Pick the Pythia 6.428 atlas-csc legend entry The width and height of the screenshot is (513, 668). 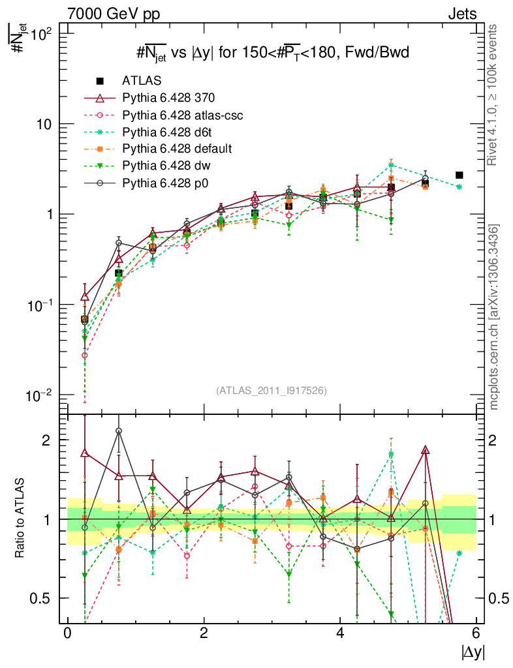click(x=182, y=115)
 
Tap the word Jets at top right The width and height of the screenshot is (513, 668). click(x=462, y=14)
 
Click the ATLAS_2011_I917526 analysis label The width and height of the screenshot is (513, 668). click(x=272, y=390)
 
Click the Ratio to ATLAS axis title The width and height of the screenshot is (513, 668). click(x=21, y=519)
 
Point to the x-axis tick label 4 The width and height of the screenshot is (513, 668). click(x=340, y=633)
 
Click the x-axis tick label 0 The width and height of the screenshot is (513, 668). click(x=67, y=633)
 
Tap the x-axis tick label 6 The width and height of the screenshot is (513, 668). click(x=476, y=633)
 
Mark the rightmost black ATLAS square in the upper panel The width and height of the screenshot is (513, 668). click(x=459, y=175)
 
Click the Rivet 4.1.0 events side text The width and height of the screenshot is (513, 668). click(x=493, y=95)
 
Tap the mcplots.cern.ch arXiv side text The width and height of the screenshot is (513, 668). click(x=493, y=316)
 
